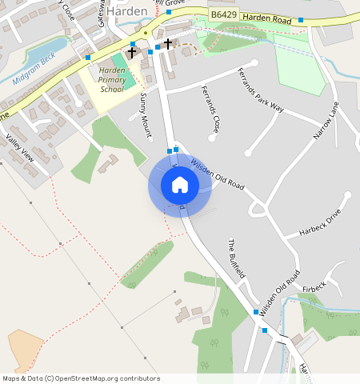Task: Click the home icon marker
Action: point(180,185)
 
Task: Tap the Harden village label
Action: point(127,11)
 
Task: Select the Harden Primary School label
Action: point(111,80)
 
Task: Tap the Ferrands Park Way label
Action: point(261,89)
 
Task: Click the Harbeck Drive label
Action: point(320,222)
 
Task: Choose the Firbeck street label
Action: point(314,286)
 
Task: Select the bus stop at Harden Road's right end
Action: point(301,19)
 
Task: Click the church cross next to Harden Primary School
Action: point(132,52)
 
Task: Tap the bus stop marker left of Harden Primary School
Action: point(88,58)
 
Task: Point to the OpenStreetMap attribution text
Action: point(80,378)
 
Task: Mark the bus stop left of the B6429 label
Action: point(169,12)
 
